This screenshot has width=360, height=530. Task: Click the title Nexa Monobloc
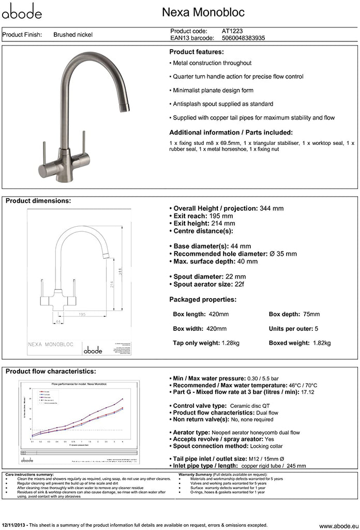click(203, 12)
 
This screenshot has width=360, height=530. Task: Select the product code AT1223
click(232, 31)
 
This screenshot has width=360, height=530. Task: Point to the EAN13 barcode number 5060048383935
click(243, 38)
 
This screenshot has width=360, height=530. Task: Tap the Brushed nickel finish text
click(73, 35)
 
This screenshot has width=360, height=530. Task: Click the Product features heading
click(197, 52)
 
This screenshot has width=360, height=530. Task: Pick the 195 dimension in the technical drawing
click(82, 314)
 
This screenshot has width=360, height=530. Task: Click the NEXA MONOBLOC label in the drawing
click(50, 344)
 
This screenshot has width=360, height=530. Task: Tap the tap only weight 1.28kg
click(230, 343)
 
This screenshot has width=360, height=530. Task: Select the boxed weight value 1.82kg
click(322, 343)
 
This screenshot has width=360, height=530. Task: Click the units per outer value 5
click(317, 329)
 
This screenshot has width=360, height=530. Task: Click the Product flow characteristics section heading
click(50, 372)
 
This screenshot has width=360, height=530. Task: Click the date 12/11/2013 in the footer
click(14, 525)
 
